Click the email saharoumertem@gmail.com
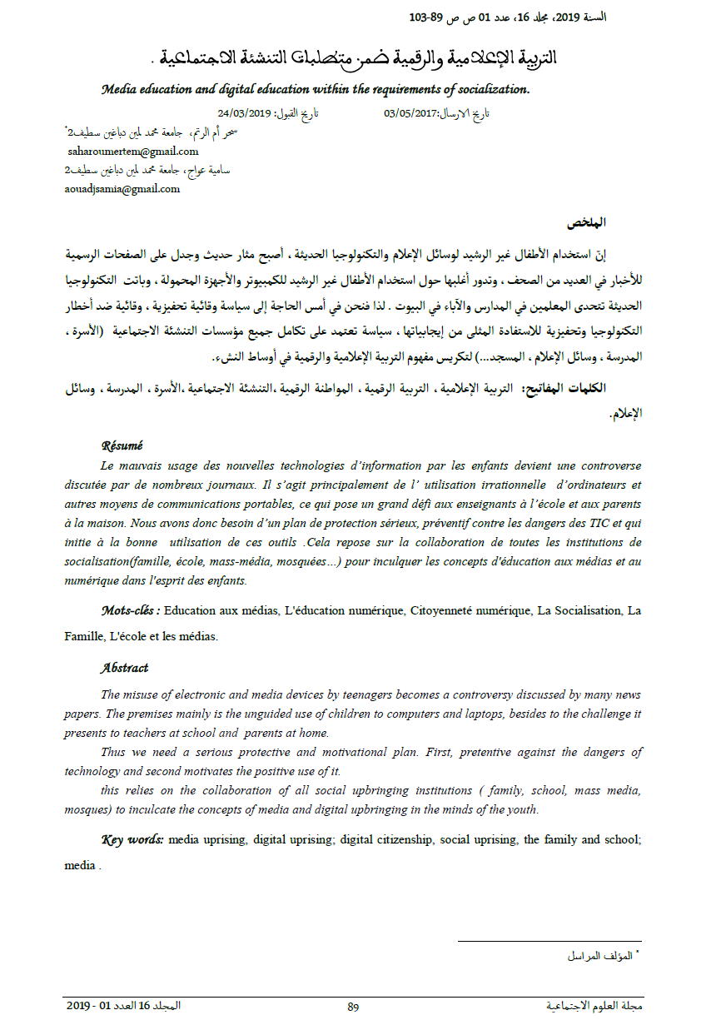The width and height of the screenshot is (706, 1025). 133,152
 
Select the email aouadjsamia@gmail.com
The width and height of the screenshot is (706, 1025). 122,188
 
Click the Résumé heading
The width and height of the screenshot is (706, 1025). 122,445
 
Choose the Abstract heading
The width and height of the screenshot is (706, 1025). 124,668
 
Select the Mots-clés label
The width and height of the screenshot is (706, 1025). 130,611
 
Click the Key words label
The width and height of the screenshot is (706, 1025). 132,839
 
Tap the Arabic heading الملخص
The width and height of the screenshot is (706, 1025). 587,222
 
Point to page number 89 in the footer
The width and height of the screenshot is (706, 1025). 353,1007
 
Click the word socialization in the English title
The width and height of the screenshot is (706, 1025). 491,88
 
